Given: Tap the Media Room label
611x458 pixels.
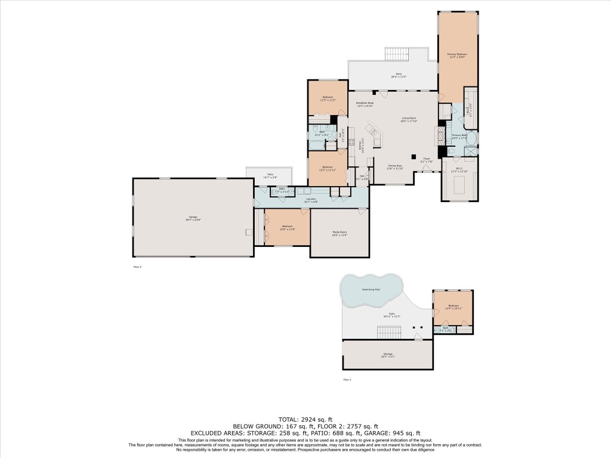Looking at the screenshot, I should coord(339,233).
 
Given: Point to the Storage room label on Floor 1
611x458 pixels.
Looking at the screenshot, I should coord(388,355).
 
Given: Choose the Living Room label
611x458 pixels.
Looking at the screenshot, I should coord(409,119).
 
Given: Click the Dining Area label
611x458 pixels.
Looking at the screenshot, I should coord(396,167).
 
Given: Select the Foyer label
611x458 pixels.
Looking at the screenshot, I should coord(427,160).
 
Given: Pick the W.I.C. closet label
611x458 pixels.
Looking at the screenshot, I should coord(459,170).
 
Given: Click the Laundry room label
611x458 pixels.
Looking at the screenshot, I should coord(311,201).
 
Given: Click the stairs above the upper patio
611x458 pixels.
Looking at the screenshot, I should coord(395,54).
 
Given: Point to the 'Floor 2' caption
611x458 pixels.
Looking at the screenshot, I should coord(137,267).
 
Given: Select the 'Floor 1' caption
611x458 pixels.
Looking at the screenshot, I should coord(347,379).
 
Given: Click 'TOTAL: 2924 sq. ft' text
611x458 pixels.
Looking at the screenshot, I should coord(305,419).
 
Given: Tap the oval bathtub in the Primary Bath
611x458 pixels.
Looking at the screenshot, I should coord(471,139).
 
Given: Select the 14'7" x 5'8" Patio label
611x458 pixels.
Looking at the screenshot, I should coord(270,177).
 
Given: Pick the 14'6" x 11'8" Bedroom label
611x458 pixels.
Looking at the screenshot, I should coord(288,227).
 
